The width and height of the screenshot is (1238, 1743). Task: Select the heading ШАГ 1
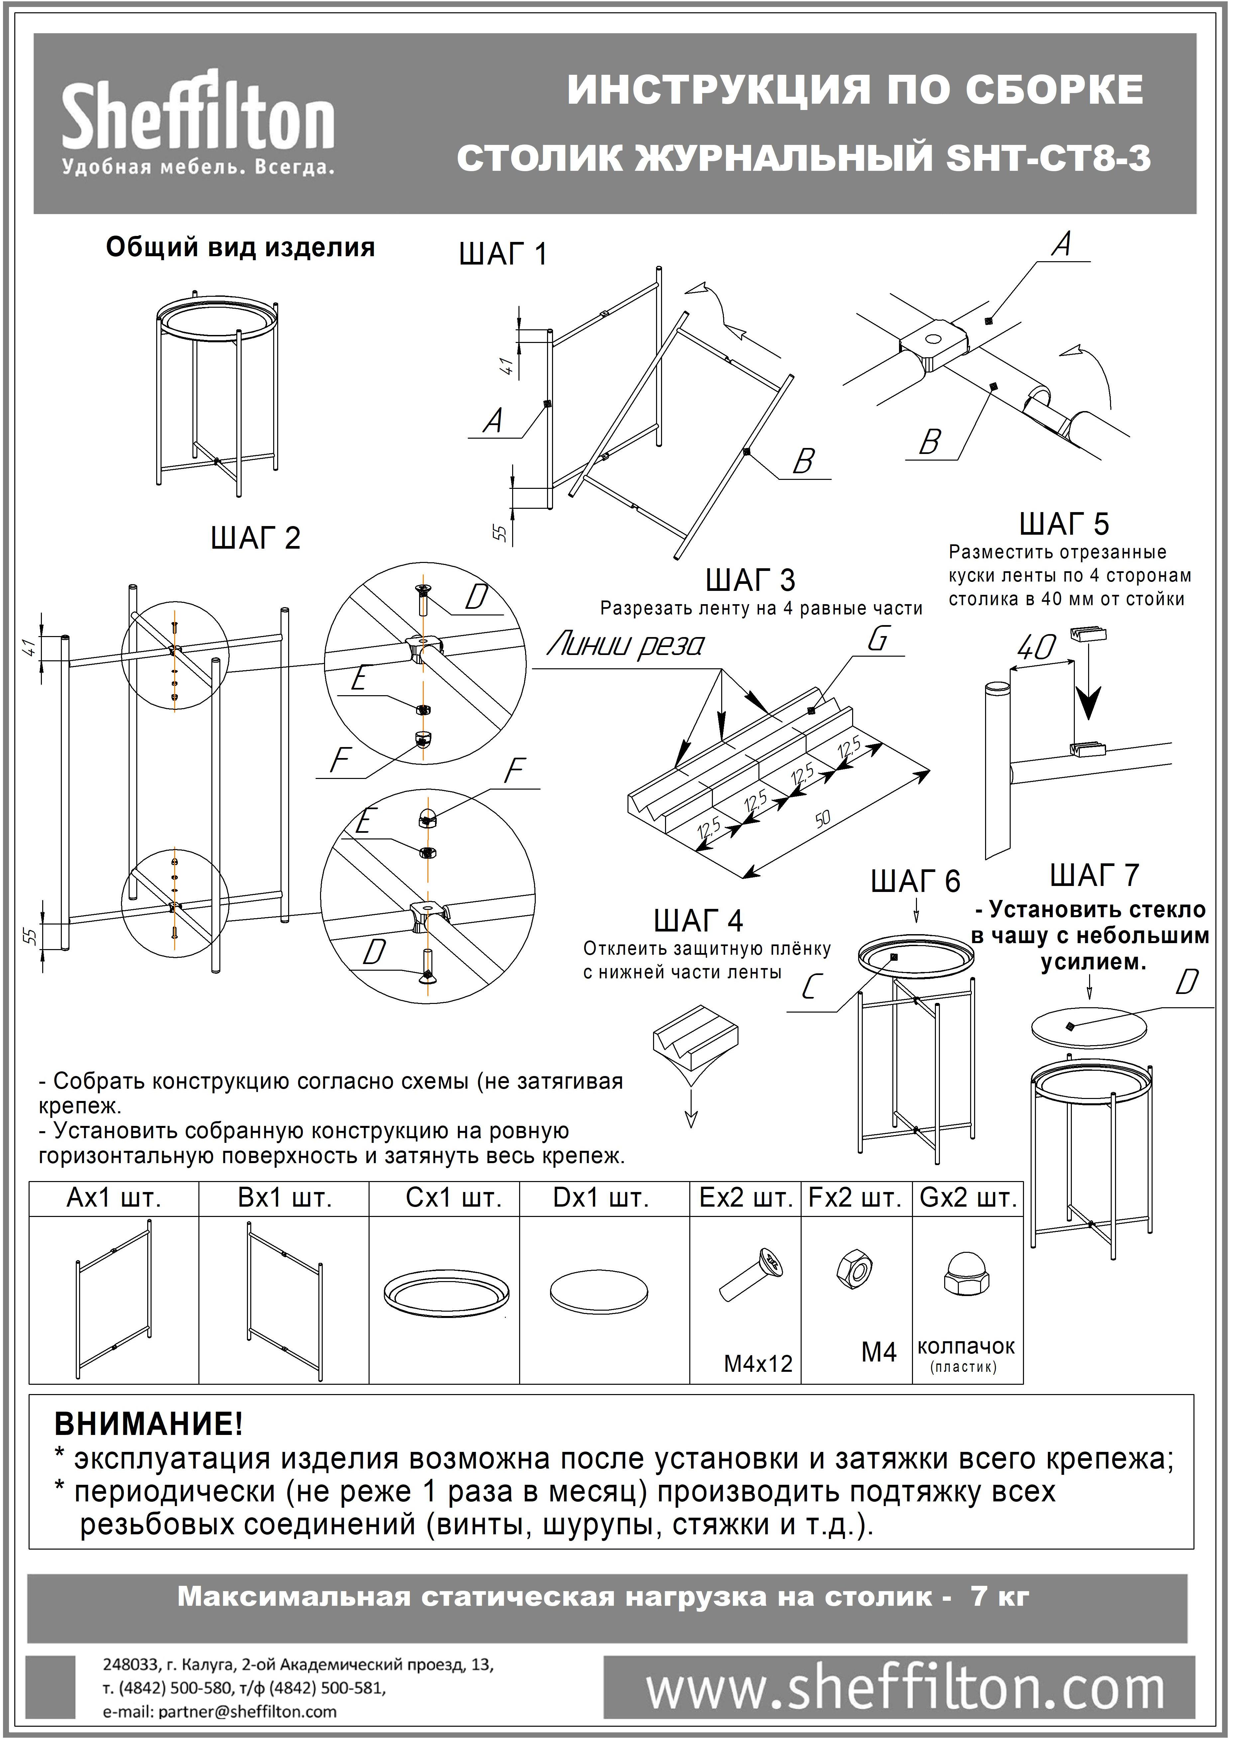pos(503,254)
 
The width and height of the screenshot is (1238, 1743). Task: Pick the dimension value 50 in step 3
pos(823,819)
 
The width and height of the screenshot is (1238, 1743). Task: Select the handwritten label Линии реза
pos(625,646)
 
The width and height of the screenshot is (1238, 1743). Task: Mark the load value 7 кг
pos(999,1597)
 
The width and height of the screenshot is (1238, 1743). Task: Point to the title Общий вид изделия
pos(240,248)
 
